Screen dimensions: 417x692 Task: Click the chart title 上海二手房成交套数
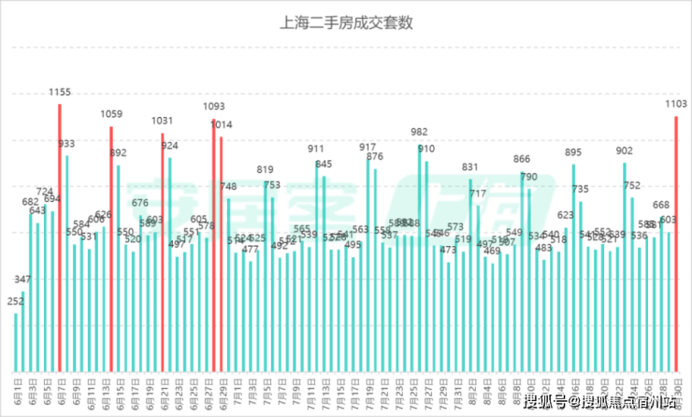coord(346,22)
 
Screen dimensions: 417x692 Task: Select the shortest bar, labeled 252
coord(16,341)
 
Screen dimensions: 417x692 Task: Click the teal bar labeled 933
coord(67,262)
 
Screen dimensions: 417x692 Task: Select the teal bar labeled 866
coord(522,271)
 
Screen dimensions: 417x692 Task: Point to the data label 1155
coord(60,93)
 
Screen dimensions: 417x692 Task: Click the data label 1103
coord(676,105)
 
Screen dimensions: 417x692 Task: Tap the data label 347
coord(23,280)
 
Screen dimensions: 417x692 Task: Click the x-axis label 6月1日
coord(17,388)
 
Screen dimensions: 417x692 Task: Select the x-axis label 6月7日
coord(61,388)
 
